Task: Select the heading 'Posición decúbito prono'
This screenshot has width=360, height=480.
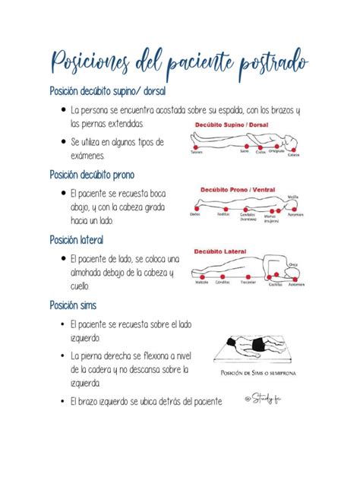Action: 91,175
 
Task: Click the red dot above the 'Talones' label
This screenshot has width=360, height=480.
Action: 195,146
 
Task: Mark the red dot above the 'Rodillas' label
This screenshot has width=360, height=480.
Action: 223,207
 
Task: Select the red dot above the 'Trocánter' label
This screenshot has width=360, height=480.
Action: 248,275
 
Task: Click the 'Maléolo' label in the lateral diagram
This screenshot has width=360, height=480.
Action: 202,282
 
